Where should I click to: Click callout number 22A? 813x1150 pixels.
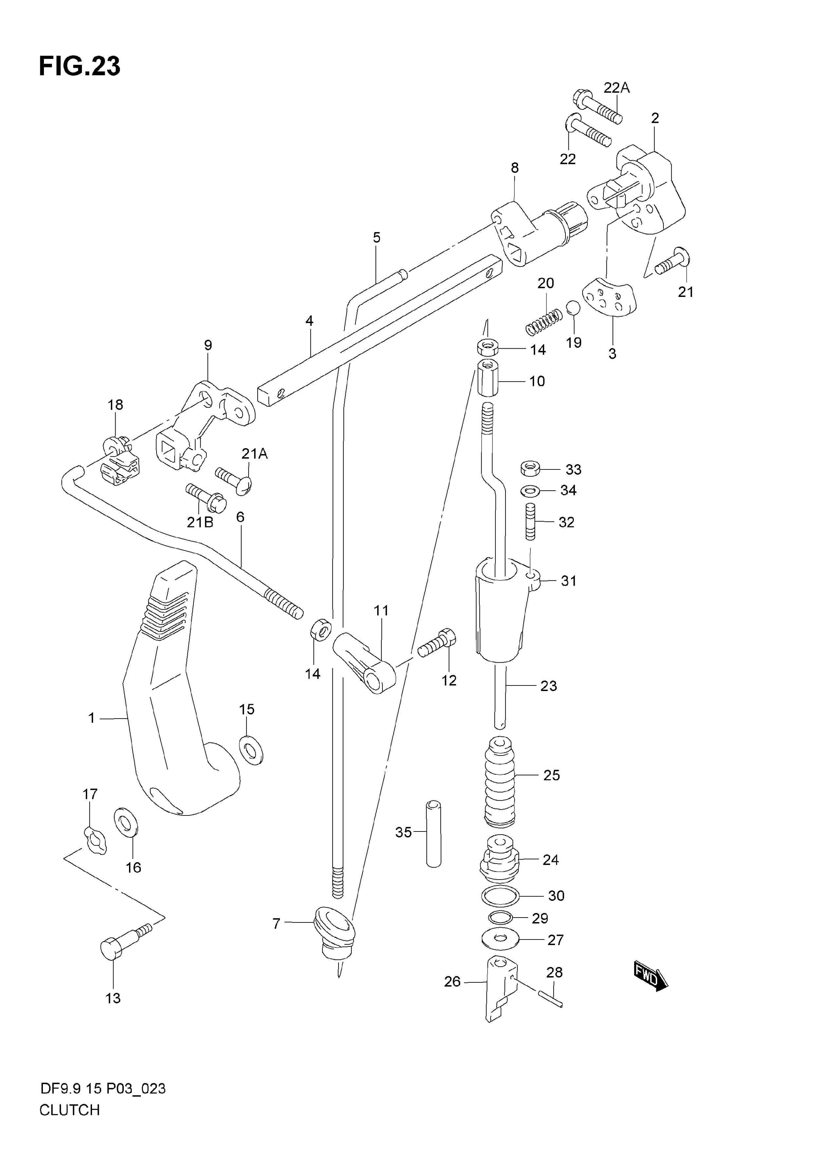[617, 88]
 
